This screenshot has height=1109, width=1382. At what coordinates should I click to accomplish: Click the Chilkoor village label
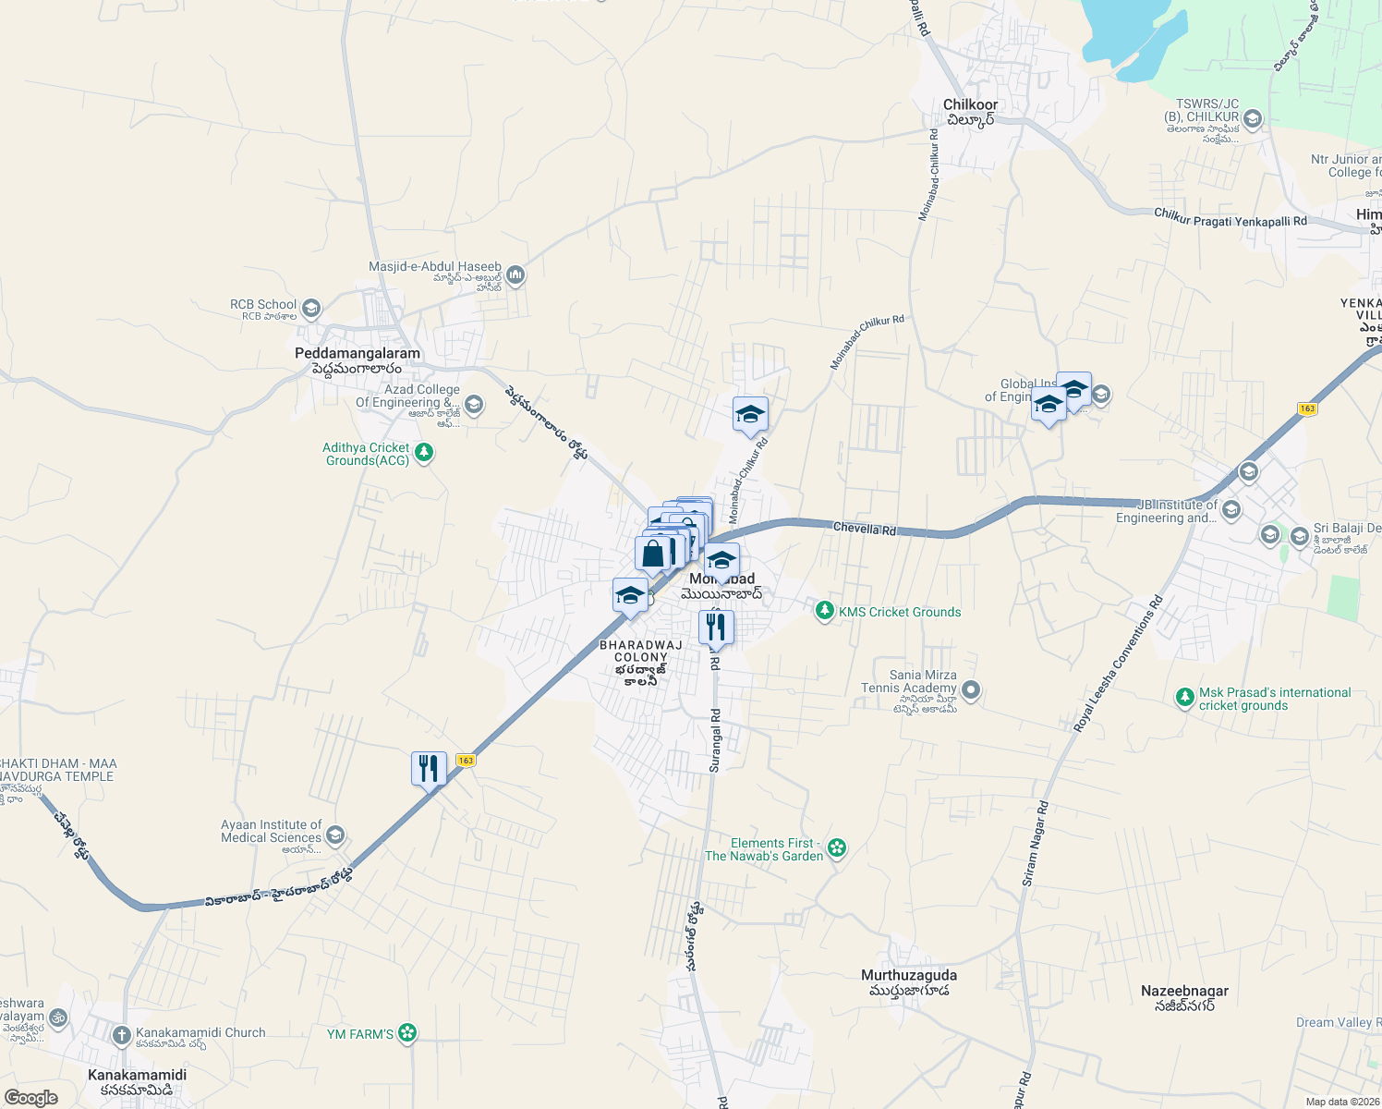coord(970,105)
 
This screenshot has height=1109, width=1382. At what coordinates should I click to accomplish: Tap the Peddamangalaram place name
coord(357,354)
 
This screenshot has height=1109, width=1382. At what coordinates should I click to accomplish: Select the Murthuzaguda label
coord(909,976)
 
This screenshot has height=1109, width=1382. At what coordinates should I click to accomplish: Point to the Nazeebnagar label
coord(1184,992)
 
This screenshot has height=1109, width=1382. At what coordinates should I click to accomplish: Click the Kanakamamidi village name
coord(137,1075)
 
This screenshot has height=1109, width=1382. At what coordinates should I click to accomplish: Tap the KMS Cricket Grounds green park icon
coord(824,611)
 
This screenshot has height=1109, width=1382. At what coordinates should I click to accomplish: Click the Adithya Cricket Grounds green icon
coord(424,453)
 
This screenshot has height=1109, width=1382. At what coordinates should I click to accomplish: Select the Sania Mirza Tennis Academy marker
coord(970,689)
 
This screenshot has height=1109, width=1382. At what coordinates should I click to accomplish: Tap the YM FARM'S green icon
coord(407,1033)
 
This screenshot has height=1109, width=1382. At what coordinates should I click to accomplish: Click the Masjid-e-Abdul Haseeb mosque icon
coord(515,274)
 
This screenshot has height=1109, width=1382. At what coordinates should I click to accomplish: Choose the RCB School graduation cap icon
coord(311,308)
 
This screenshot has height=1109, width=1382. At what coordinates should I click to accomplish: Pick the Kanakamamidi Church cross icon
coord(122,1035)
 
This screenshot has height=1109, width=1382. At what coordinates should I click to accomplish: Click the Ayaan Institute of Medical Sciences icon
coord(334,835)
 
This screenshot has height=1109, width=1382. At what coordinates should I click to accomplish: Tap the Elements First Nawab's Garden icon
coord(837,847)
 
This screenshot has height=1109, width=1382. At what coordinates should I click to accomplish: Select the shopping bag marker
coord(652,554)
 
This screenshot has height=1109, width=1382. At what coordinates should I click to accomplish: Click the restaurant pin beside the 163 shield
coord(429,768)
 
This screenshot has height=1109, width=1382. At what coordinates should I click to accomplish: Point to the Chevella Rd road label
coord(864,529)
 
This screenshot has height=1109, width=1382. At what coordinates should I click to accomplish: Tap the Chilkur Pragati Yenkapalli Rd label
coord(1230,217)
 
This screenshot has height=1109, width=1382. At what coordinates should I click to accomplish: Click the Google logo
coord(31,1097)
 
